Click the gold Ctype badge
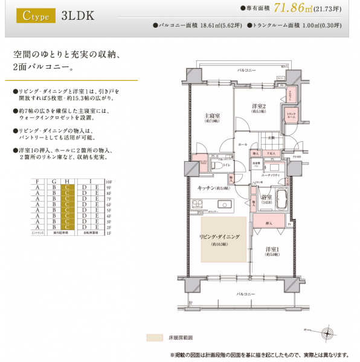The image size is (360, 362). pos(34,15)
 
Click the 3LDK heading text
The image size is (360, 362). pos(78,15)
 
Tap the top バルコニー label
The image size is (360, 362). pos(245,71)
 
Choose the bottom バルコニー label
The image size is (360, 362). pos(245,294)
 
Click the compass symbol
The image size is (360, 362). pos(327,331)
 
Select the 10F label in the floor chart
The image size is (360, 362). pos(109,181)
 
